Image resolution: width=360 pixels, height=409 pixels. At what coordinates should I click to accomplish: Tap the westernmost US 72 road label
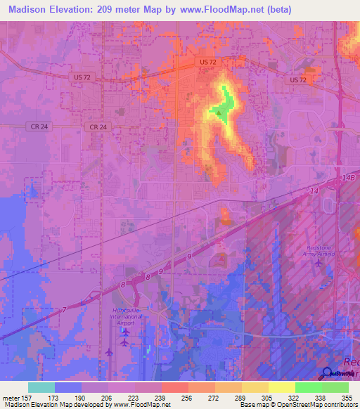81,77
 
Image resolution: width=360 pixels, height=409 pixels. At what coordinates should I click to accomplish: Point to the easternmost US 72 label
299,80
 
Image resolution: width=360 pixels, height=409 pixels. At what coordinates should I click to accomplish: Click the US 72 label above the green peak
208,63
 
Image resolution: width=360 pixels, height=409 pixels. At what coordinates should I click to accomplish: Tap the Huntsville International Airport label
127,318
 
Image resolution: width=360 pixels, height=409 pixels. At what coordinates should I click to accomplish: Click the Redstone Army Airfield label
319,251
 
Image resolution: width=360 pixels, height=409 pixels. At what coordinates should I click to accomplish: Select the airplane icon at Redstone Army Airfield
319,264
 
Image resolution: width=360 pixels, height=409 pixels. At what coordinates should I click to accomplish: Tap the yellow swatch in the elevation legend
281,387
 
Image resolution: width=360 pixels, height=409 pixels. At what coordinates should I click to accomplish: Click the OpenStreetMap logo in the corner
327,373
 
